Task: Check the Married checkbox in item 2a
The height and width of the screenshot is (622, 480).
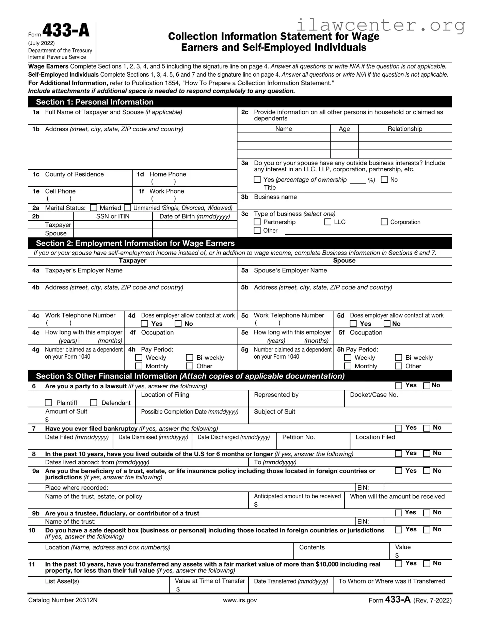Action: click(94, 208)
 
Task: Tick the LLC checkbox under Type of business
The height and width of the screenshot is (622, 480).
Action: click(328, 222)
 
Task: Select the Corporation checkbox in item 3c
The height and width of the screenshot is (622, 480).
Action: click(384, 222)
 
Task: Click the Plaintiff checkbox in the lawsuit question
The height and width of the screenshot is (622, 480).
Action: click(49, 403)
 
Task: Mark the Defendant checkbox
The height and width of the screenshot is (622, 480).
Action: click(94, 403)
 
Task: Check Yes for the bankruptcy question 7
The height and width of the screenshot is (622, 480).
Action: click(398, 428)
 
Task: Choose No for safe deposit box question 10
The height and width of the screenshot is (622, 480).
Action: click(427, 530)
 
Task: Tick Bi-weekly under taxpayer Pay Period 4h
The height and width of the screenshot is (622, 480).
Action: click(190, 358)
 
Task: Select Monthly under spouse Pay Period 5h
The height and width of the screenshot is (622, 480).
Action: click(348, 366)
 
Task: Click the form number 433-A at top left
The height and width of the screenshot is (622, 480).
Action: click(66, 31)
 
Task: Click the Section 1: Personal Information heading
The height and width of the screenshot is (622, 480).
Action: click(95, 102)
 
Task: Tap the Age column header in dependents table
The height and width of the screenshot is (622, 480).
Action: click(344, 129)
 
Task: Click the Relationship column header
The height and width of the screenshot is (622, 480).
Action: click(405, 129)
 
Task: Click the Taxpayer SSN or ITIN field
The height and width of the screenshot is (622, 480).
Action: click(113, 225)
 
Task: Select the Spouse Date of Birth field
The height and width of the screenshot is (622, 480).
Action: click(194, 233)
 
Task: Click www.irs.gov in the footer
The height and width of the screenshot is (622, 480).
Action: click(240, 600)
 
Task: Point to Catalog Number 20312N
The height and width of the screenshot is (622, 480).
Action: click(63, 600)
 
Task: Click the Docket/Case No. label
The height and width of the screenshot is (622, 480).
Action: click(374, 395)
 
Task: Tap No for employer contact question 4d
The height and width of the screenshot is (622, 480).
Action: click(178, 324)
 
